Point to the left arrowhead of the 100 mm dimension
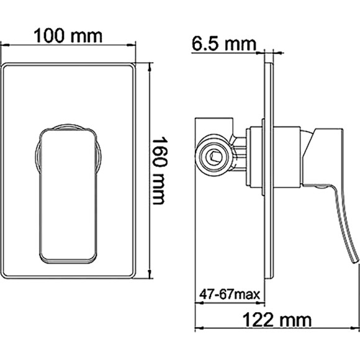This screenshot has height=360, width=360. (x=3, y=45)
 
